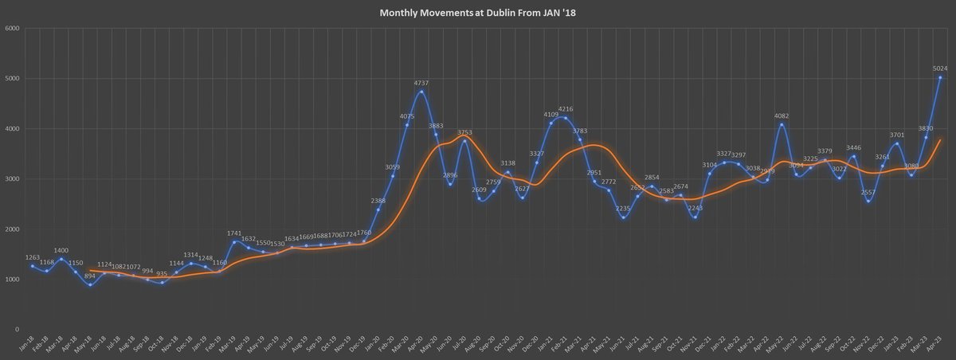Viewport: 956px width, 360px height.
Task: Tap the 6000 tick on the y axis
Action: click(12, 29)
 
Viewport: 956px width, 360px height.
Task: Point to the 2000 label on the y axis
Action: click(12, 229)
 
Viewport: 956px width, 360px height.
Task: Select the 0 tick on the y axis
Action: click(17, 329)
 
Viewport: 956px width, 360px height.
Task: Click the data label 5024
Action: click(941, 68)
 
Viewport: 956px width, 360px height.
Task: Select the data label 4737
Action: click(421, 82)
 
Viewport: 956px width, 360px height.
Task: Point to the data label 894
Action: click(90, 276)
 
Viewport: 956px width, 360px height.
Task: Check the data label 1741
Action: click(235, 233)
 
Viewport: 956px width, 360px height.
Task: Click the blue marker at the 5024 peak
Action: click(940, 77)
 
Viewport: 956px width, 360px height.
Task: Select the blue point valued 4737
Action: click(421, 92)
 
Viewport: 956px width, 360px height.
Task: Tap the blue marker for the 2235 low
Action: click(623, 217)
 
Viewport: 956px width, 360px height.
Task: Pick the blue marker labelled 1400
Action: click(61, 259)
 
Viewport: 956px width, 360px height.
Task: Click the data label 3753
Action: click(464, 132)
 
